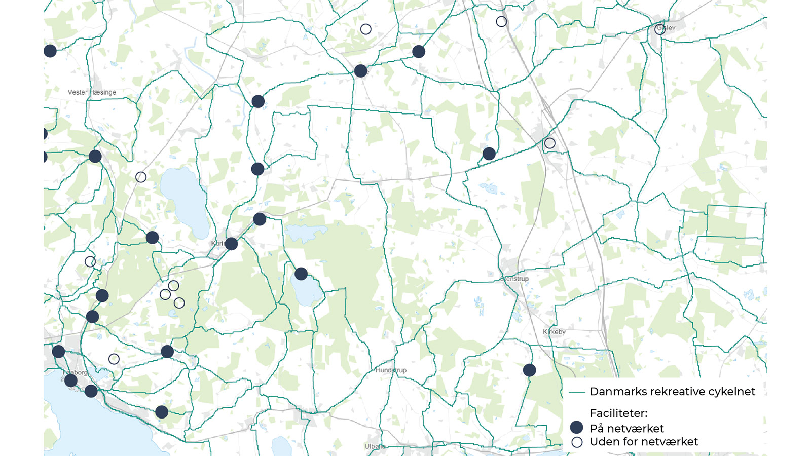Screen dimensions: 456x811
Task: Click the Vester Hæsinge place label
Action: (x=92, y=92)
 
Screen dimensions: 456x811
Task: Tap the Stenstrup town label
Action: (x=514, y=279)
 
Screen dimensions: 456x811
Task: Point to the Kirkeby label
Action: (x=554, y=332)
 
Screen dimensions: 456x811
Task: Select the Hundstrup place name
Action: (x=391, y=370)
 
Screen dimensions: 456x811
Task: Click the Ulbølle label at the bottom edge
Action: (x=375, y=446)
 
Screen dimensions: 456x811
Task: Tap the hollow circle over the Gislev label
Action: (x=659, y=29)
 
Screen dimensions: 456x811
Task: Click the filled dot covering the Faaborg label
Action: (x=71, y=381)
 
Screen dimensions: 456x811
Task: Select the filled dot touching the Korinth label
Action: (x=231, y=244)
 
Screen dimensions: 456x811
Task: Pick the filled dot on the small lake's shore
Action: (x=301, y=274)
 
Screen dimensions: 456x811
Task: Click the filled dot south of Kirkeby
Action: (x=529, y=370)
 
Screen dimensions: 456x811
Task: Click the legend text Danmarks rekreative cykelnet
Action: (x=672, y=392)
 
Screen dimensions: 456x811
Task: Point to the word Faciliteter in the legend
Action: (x=618, y=413)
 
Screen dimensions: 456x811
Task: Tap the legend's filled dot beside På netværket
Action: (x=576, y=428)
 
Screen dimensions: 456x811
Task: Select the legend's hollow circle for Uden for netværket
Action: (x=577, y=442)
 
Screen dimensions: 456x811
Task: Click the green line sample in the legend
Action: (x=577, y=392)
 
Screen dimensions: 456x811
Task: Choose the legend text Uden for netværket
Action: (x=644, y=442)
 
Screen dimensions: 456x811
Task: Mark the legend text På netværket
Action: (x=626, y=428)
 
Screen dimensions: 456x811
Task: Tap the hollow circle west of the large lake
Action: (x=141, y=177)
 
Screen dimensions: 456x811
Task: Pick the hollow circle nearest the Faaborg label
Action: (x=114, y=359)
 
